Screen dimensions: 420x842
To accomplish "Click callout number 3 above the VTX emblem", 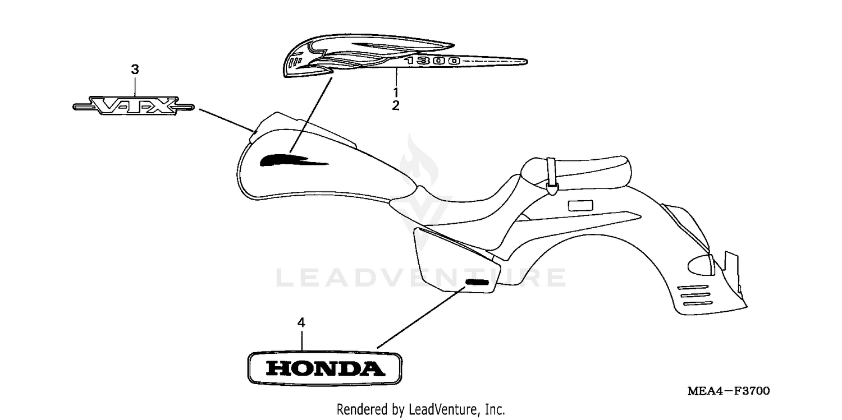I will (135, 70).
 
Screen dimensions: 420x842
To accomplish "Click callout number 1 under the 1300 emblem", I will (396, 91).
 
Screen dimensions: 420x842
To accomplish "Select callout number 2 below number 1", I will (396, 105).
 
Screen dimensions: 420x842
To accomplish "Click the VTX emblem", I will (134, 105).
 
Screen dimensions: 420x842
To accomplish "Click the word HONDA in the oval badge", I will (325, 368).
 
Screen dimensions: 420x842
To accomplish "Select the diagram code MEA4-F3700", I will (729, 390).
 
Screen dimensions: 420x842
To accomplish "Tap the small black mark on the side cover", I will (476, 281).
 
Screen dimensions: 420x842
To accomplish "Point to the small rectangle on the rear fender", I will (580, 205).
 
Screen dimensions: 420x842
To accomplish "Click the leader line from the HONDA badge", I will (421, 316).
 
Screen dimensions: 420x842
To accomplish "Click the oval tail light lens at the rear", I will (702, 262).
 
